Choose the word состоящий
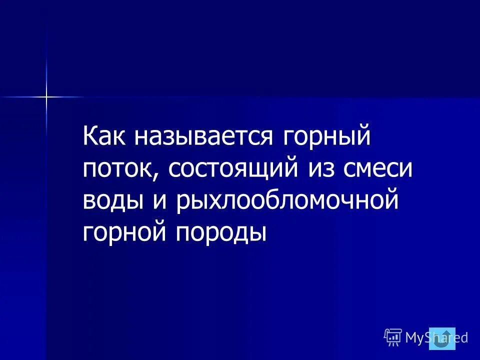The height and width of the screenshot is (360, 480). coord(233,168)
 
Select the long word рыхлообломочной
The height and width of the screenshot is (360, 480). coord(287,201)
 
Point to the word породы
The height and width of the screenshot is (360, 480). coord(219,232)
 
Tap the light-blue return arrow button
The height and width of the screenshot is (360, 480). coord(442,338)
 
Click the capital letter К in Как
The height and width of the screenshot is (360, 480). coord(90,137)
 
